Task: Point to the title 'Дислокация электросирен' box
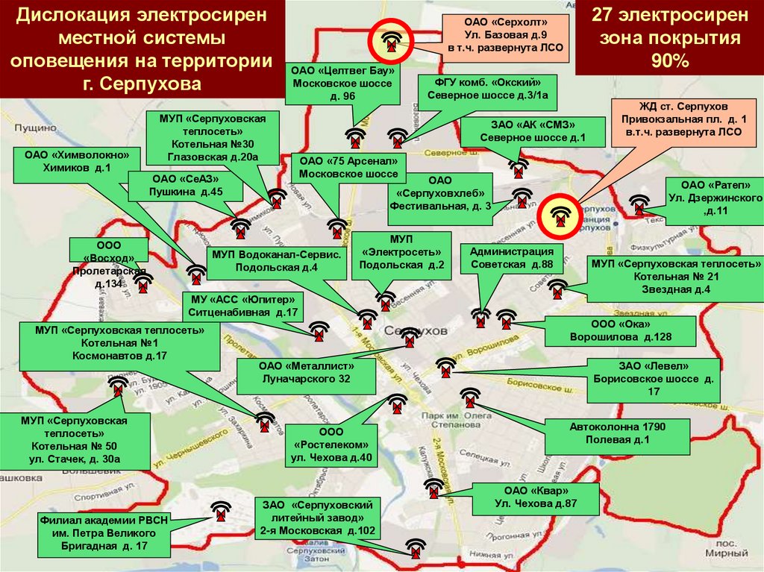tap(142, 48)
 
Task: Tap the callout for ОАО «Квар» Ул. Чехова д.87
tap(536, 497)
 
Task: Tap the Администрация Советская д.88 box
tap(511, 258)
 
